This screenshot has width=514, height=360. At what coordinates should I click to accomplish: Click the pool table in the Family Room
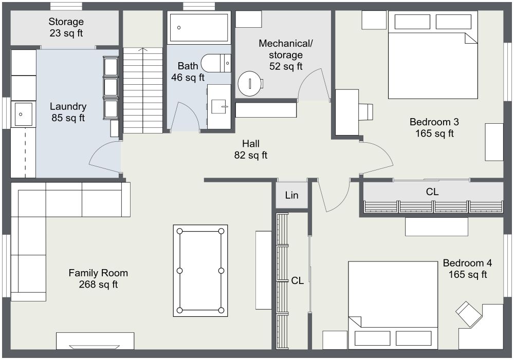pyautogui.click(x=200, y=270)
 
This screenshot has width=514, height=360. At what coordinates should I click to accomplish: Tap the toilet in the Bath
pyautogui.click(x=216, y=63)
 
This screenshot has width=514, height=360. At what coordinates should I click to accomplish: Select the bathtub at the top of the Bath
pyautogui.click(x=199, y=27)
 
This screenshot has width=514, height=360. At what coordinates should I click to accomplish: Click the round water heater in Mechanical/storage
pyautogui.click(x=250, y=83)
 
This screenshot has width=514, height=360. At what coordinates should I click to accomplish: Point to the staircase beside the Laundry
pyautogui.click(x=142, y=90)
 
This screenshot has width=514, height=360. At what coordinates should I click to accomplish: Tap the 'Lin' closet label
pyautogui.click(x=291, y=196)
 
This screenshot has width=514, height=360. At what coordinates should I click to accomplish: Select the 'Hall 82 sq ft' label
pyautogui.click(x=251, y=149)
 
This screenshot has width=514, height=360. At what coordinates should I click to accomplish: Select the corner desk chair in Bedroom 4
pyautogui.click(x=468, y=313)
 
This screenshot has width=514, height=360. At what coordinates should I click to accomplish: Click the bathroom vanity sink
pyautogui.click(x=219, y=107)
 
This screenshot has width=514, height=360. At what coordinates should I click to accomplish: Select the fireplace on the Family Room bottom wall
pyautogui.click(x=95, y=342)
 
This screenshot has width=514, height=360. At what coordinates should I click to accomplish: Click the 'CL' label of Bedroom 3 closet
pyautogui.click(x=432, y=192)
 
